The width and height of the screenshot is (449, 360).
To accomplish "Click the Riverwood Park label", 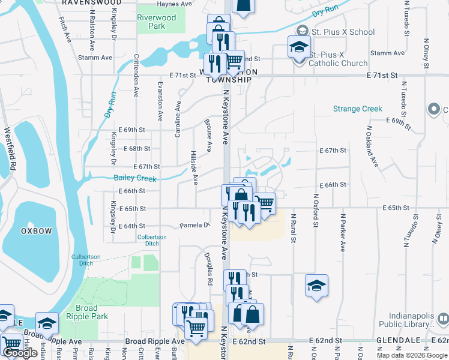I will point(157,22).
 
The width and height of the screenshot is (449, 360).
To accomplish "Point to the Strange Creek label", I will point(358,109).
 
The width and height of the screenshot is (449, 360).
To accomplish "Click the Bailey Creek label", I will point(135,178).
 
